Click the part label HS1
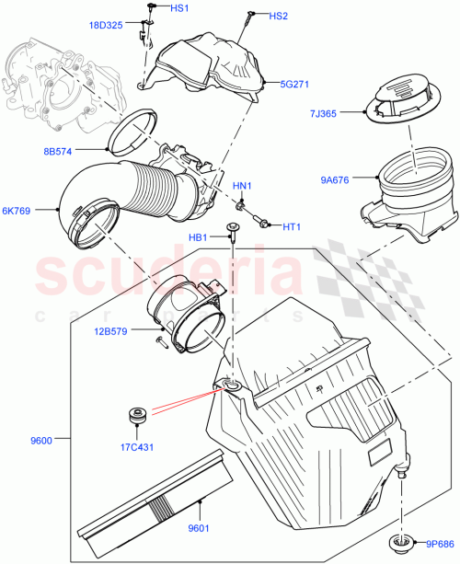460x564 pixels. click(x=179, y=8)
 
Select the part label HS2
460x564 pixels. click(x=279, y=17)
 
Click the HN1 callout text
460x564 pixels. click(x=242, y=187)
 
